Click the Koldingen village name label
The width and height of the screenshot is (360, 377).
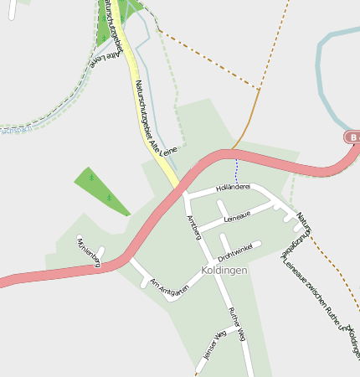coord(224,271)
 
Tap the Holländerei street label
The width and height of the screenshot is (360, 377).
coord(234,188)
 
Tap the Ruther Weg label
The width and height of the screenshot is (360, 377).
coord(237,324)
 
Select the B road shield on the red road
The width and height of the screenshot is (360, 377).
coord(353,137)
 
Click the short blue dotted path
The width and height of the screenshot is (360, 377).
coord(236,171)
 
